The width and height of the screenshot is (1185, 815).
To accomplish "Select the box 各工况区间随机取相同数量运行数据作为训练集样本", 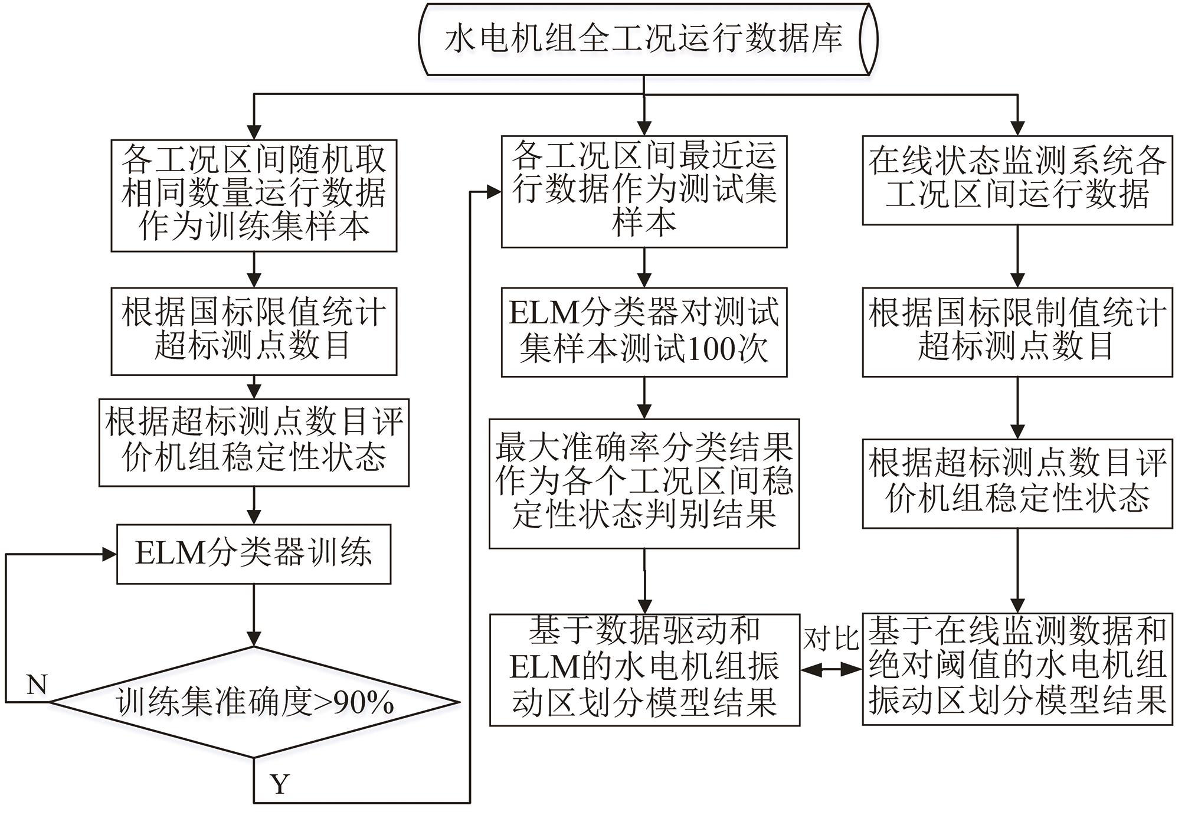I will pos(254,195).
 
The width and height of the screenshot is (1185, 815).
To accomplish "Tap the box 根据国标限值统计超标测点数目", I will pos(254,331).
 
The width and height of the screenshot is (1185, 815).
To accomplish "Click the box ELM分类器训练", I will pos(254,554).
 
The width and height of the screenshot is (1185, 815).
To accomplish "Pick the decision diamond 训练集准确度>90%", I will pos(254,702).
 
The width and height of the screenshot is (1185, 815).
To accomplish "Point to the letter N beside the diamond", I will pos(37,685).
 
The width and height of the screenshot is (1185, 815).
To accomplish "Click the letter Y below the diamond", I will pos(280,784).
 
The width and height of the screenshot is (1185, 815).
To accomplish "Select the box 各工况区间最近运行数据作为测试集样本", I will pos(644,191).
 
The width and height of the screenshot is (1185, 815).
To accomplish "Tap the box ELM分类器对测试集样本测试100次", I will pos(644,332).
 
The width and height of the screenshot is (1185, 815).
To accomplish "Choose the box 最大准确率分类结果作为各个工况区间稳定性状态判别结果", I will pos(644,483).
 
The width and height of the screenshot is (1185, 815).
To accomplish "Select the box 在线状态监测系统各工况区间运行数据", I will pos(1017,180).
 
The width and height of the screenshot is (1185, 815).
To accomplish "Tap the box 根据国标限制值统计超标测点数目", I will pos(1017,332).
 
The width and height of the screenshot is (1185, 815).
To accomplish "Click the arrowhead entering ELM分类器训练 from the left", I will pos(110,554).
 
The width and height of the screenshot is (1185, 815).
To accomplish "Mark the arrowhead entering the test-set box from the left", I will pos(494,192).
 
